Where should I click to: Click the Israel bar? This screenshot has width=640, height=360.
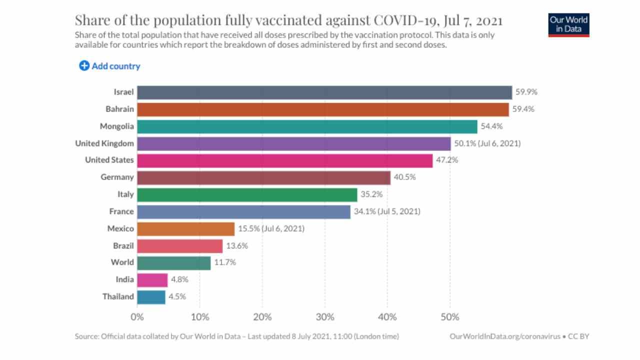324,92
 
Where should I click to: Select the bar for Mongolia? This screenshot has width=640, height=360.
307,126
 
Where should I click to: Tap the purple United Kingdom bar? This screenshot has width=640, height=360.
293,143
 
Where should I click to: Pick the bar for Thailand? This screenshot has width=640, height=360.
151,297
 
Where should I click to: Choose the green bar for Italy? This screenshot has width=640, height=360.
247,194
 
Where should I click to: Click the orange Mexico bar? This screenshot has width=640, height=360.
185,228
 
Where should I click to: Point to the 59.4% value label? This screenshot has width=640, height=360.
523,109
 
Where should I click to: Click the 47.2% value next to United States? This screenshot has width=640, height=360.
446,160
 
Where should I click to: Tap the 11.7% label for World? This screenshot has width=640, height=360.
225,262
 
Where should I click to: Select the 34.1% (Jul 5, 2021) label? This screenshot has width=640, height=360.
387,211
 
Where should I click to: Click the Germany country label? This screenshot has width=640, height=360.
117,177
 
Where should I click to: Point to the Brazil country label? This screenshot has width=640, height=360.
123,245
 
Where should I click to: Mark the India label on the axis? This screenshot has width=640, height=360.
124,279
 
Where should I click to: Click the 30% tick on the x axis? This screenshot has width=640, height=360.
324,317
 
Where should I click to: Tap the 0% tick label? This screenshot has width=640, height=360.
137,317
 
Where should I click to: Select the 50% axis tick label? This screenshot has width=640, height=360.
449,317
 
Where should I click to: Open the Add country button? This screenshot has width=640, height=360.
109,66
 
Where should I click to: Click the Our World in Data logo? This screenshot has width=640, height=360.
568,24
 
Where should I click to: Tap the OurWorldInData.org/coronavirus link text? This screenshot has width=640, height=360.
505,336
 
